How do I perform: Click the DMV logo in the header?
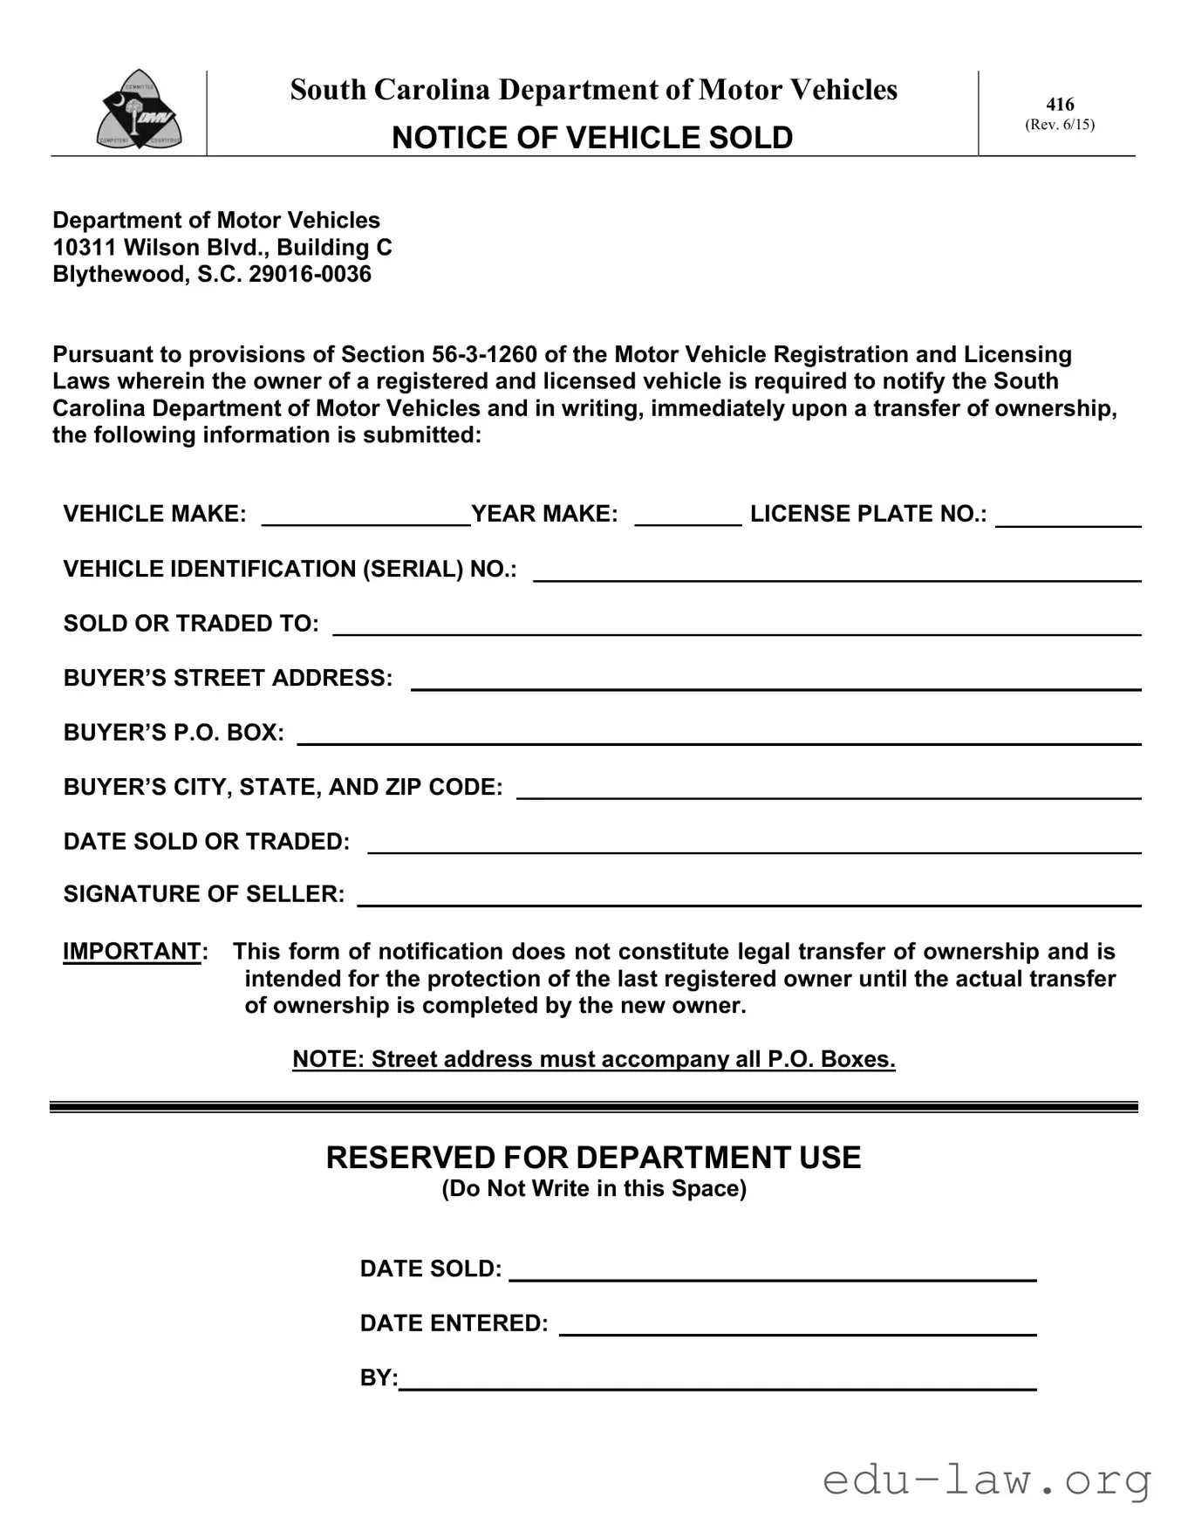pos(139,111)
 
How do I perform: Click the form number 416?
pos(1060,105)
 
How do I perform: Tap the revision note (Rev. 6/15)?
pos(1060,125)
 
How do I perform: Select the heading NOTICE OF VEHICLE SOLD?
pos(592,138)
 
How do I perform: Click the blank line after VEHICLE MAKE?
pos(365,516)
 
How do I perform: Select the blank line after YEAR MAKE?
pos(687,516)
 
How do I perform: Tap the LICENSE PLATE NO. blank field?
pos(1068,516)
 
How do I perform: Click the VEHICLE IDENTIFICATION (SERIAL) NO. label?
pos(290,570)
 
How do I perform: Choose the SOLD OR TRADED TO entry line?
pos(736,625)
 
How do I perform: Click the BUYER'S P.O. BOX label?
pos(174,733)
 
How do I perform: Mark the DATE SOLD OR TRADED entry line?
pos(754,844)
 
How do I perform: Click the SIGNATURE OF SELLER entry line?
pos(748,897)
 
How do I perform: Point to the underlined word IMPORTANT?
pos(132,952)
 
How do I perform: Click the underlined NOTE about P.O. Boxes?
pos(593,1059)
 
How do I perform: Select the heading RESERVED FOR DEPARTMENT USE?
pos(593,1158)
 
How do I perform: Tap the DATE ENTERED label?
pos(454,1323)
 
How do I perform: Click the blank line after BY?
pos(717,1380)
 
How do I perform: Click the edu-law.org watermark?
pos(987,1480)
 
